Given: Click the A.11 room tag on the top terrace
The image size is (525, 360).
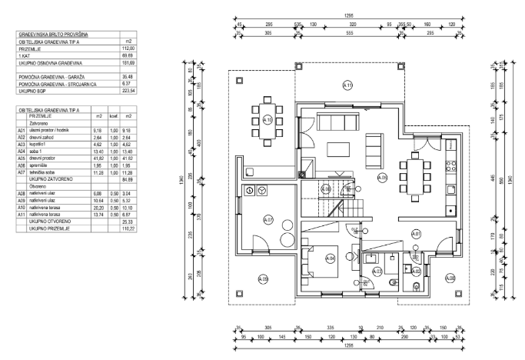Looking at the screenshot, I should point(347,85).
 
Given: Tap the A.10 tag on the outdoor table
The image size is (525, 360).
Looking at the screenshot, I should point(267,120).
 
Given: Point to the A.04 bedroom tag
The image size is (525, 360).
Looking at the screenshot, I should point(331,258).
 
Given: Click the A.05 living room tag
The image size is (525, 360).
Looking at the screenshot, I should point(382,178).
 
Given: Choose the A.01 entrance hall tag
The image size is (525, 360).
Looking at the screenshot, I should point(416,233).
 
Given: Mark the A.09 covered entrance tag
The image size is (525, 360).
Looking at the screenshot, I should point(262,278).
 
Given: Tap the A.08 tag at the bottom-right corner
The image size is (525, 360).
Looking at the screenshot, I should point(450,278).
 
